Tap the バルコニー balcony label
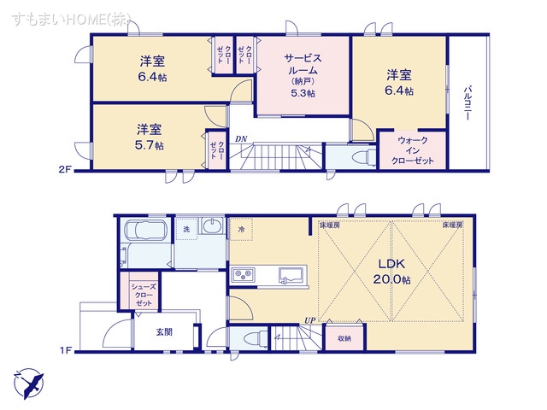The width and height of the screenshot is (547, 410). click(x=468, y=103)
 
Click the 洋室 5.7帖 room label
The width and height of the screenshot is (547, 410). click(x=150, y=137)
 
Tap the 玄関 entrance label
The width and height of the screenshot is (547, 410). click(x=166, y=331)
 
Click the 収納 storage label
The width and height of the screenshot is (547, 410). click(x=343, y=338)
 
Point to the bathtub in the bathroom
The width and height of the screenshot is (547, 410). click(x=146, y=230)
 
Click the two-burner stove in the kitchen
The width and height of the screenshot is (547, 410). click(x=242, y=274)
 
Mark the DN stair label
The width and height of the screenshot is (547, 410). click(x=241, y=138)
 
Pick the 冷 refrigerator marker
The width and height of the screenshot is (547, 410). click(x=242, y=229)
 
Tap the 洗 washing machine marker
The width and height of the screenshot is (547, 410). click(x=186, y=229)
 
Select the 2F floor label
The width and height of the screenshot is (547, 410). click(x=66, y=170)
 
